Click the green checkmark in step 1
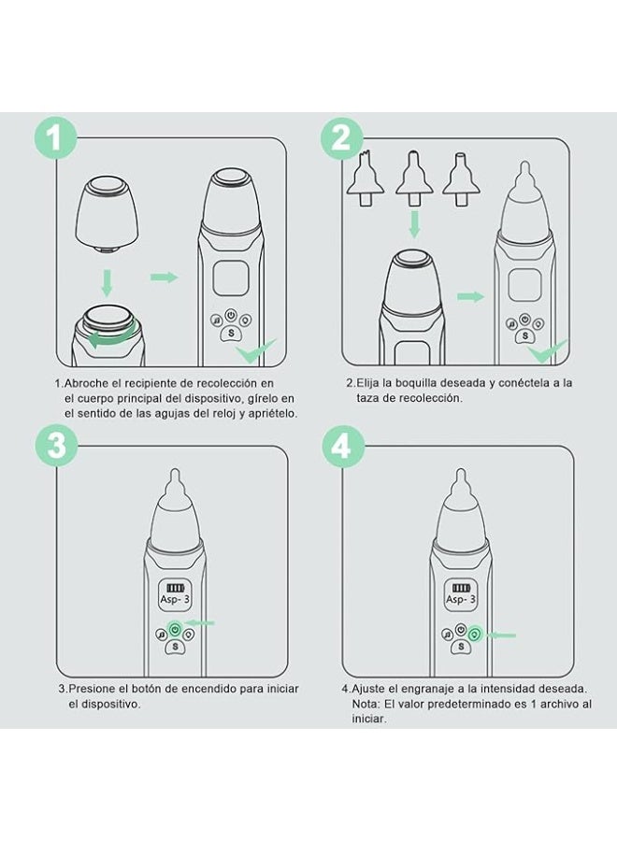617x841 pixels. pos(253,351)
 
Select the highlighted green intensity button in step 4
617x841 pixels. pos(475,634)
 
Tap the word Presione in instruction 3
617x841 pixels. pos(91,689)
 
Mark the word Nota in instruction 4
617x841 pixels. pos(367,704)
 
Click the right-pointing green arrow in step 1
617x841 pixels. pos(164,277)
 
